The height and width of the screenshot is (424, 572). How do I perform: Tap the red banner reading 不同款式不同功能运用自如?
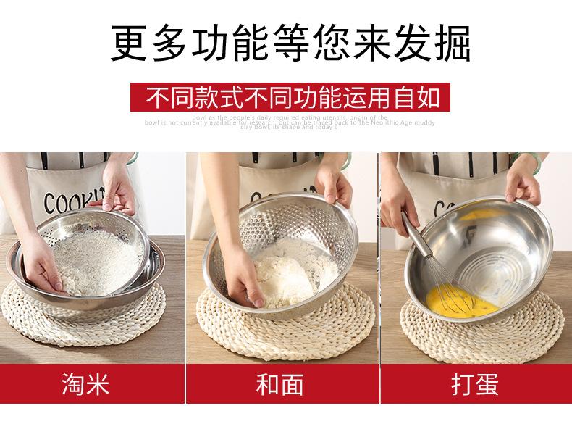coord(290,96)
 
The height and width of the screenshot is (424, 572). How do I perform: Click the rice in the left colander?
coord(91,254)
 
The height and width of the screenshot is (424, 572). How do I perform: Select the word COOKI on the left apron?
coord(69,201)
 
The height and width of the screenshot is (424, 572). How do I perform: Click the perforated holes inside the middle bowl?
coord(290,217)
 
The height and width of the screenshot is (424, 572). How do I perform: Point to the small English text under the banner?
coord(290,122)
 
